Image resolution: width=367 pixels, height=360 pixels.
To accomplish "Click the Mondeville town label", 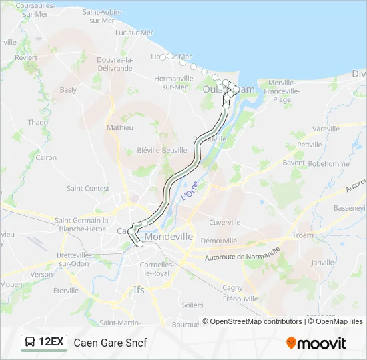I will click(165, 237).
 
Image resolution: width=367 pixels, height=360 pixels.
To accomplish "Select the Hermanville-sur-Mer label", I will click(174, 82).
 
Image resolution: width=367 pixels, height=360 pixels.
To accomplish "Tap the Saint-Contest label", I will click(87, 189).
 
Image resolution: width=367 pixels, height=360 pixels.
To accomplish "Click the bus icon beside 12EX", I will click(31, 343).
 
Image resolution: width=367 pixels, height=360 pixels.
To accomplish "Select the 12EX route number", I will click(51, 343).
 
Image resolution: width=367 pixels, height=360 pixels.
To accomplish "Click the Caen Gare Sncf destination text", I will click(110, 343).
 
